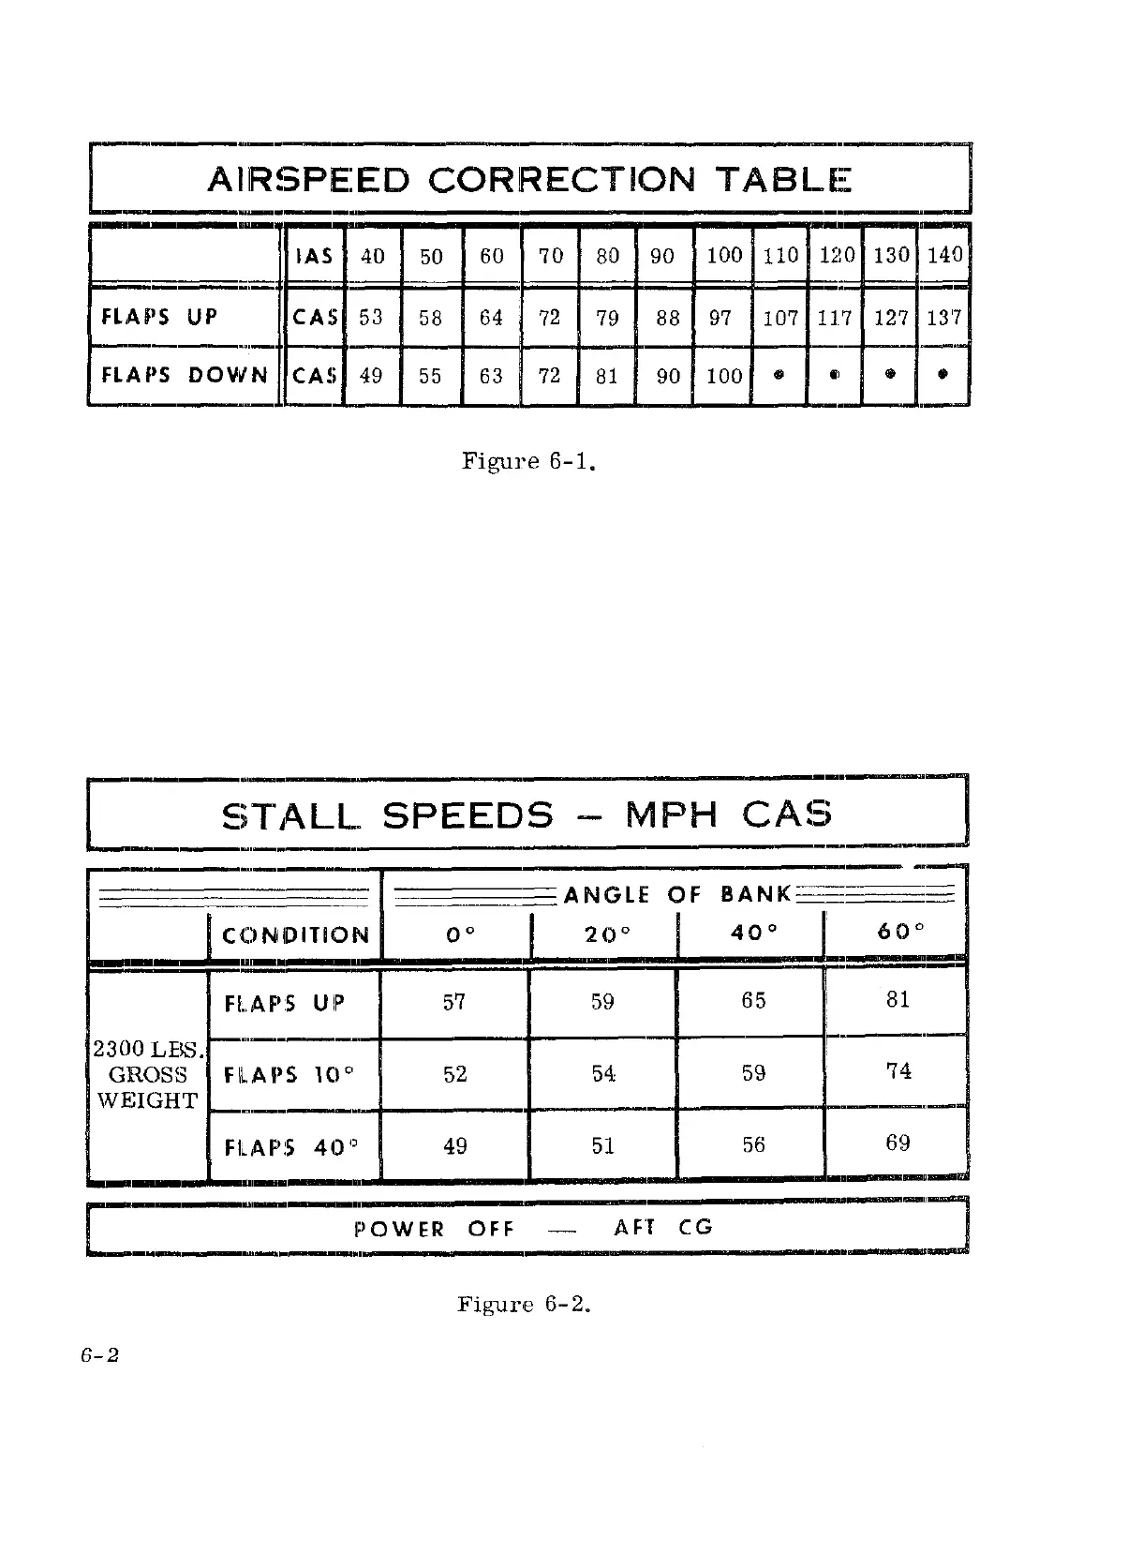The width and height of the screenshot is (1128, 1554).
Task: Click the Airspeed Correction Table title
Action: [x=528, y=178]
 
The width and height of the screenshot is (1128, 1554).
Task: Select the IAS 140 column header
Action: [x=944, y=254]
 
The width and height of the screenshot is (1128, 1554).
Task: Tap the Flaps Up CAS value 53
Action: [x=371, y=318]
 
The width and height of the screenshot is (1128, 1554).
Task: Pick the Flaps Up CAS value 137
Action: [x=943, y=318]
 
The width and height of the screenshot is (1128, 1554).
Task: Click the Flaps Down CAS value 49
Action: [x=371, y=376]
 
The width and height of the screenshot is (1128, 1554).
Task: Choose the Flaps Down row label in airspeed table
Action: [x=185, y=375]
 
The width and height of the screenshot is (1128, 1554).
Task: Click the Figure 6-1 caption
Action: [x=529, y=461]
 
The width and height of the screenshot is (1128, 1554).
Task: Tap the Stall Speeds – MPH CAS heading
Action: [x=527, y=814]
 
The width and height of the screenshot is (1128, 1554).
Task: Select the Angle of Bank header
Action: [x=677, y=894]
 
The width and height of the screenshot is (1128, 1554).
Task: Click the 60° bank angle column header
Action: [x=897, y=934]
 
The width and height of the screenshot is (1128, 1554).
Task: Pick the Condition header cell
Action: [x=295, y=935]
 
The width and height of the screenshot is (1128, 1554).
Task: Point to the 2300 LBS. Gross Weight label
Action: [x=148, y=1074]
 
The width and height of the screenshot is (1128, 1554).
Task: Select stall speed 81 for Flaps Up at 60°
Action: [x=898, y=1000]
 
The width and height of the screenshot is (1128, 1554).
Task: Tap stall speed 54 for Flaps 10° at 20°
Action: [x=603, y=1073]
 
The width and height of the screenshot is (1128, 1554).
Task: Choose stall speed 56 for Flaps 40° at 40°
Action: [x=753, y=1144]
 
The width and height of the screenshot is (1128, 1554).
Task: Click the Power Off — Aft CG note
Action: [x=533, y=1227]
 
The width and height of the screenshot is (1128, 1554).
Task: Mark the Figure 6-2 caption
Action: [x=524, y=1304]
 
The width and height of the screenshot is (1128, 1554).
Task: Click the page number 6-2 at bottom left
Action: [x=99, y=1356]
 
